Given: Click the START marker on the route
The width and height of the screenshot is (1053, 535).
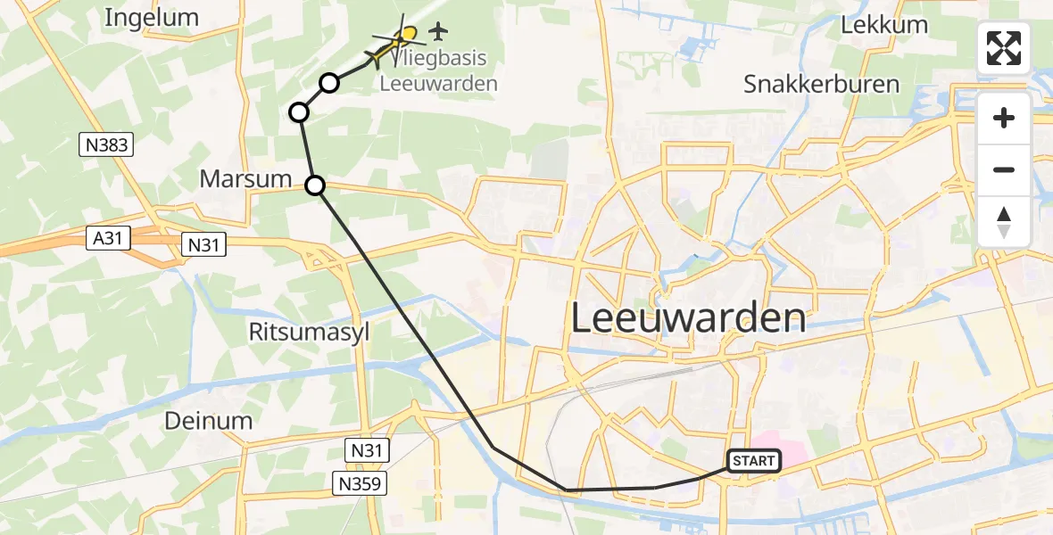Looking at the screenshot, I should pos(754,461).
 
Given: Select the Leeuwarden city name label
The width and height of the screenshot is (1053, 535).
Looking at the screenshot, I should pos(687,318).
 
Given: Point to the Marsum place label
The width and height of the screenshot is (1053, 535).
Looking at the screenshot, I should pos(245,178).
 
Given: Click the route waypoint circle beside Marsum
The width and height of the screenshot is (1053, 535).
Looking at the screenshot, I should pos(315,185).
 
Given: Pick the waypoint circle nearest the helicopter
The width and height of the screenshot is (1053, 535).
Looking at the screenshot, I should pos(329,84).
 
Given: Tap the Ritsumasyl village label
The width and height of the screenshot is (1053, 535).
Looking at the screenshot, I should pos(310,333).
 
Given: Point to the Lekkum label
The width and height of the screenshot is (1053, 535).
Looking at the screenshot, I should pos(884,25).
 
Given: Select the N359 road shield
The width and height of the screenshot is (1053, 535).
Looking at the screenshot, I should pos(361,484).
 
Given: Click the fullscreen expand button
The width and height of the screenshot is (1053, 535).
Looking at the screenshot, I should pos(1004,48).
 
